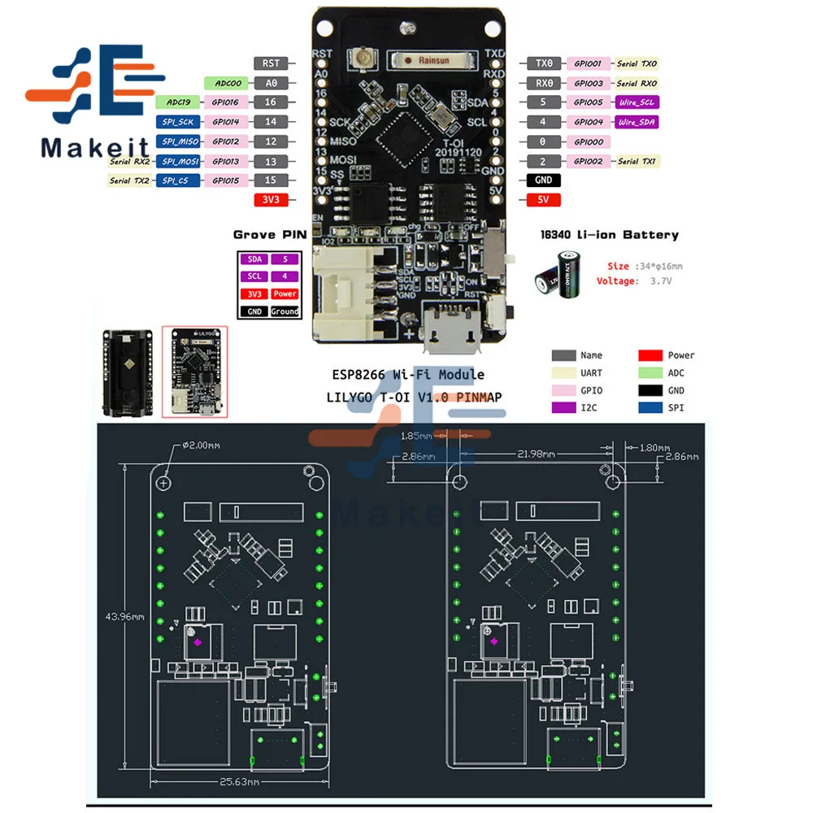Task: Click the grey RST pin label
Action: click(271, 63)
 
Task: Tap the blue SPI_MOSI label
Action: click(177, 161)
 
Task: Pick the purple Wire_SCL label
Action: click(637, 102)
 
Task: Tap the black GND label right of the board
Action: click(544, 180)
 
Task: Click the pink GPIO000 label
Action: click(588, 141)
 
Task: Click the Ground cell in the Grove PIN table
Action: click(285, 311)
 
